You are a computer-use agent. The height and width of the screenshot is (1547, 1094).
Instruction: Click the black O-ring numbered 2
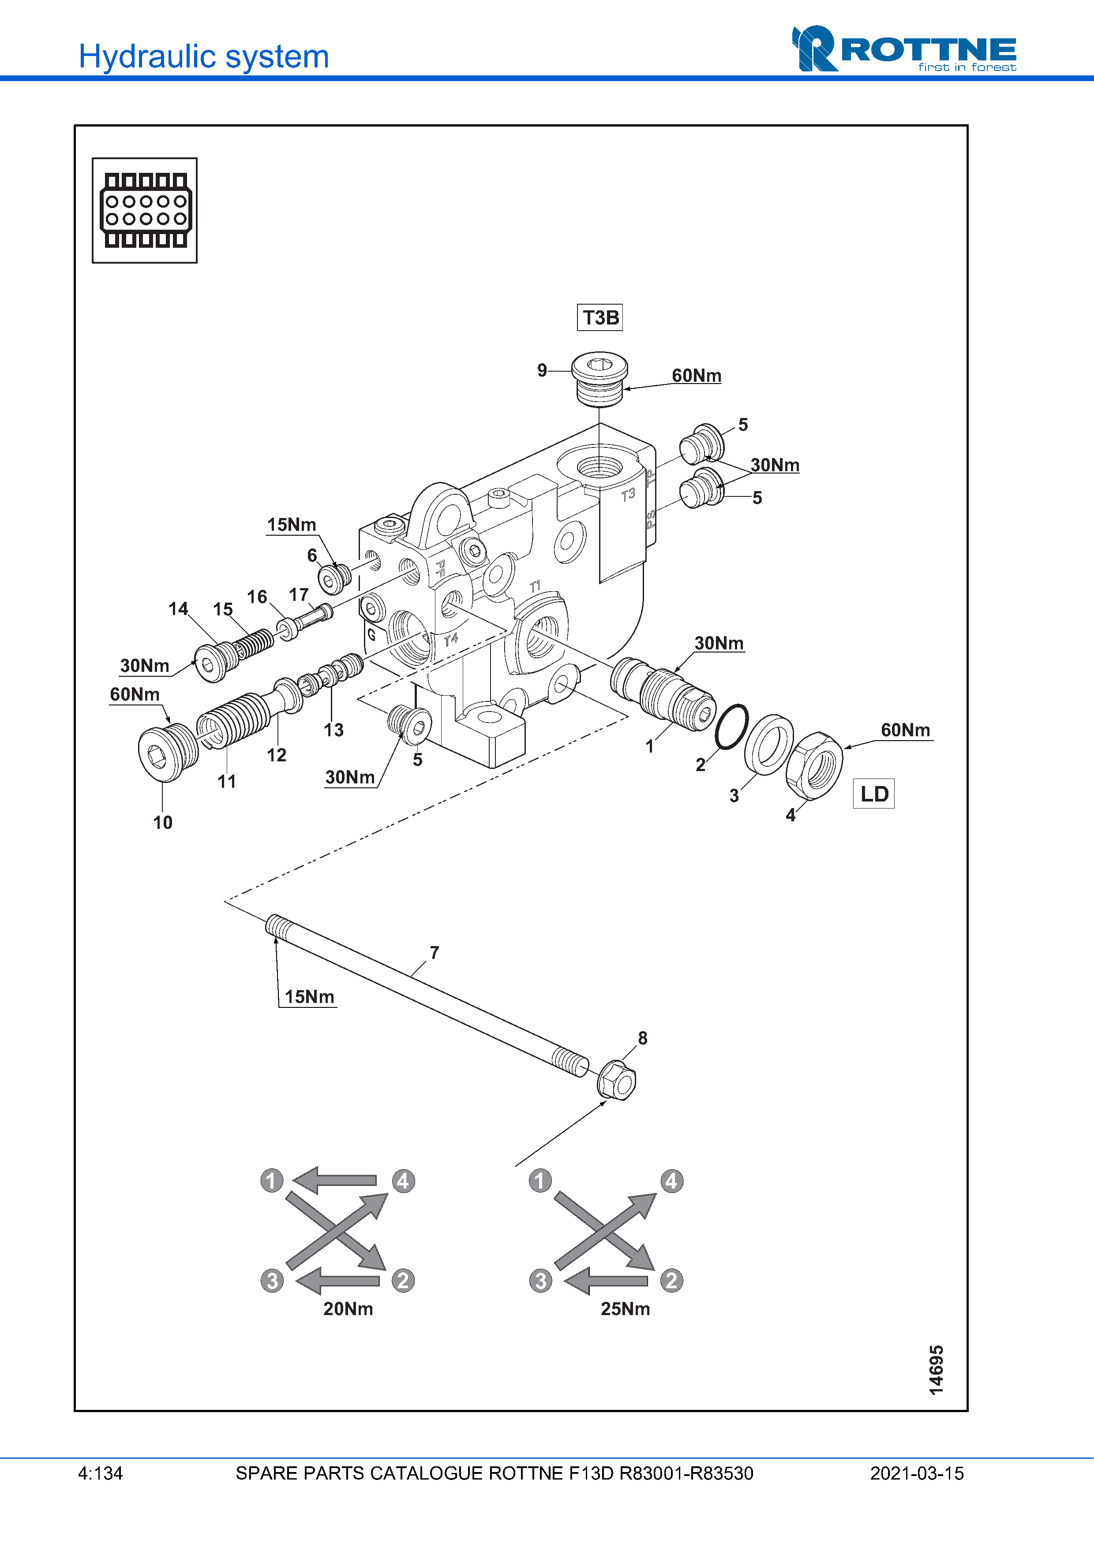(731, 727)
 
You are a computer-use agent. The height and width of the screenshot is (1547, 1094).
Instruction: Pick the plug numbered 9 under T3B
(599, 379)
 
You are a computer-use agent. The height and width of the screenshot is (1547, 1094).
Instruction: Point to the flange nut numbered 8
(616, 1081)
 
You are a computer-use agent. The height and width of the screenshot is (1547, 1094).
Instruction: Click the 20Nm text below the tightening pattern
(348, 1308)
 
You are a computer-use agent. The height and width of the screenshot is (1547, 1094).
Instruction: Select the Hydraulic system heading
(203, 56)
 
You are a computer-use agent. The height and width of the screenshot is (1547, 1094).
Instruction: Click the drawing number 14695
(936, 1370)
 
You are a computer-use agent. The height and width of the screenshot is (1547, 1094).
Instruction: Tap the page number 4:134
(101, 1473)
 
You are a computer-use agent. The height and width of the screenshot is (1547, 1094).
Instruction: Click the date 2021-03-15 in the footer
(916, 1473)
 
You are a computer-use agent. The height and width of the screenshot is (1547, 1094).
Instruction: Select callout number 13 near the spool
(333, 730)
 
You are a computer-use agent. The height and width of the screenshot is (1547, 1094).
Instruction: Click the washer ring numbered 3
(769, 745)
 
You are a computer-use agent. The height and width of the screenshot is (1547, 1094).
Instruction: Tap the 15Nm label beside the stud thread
(309, 996)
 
